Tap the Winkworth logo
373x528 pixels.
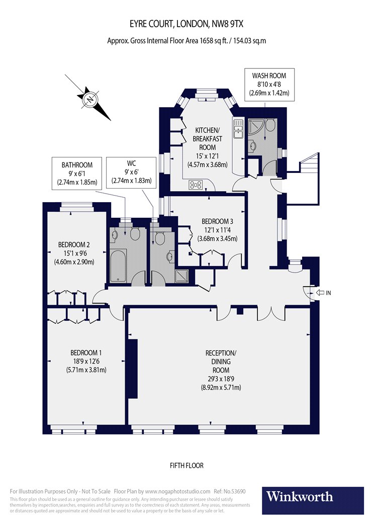[313, 496]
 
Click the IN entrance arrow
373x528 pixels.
[321, 292]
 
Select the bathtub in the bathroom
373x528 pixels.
[119, 264]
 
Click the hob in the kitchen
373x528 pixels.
[196, 185]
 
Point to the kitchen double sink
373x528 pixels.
[238, 130]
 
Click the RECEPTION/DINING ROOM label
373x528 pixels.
[220, 370]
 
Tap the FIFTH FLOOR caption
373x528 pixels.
[187, 466]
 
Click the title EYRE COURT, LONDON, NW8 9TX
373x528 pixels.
[187, 24]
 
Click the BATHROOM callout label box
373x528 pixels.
[77, 173]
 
